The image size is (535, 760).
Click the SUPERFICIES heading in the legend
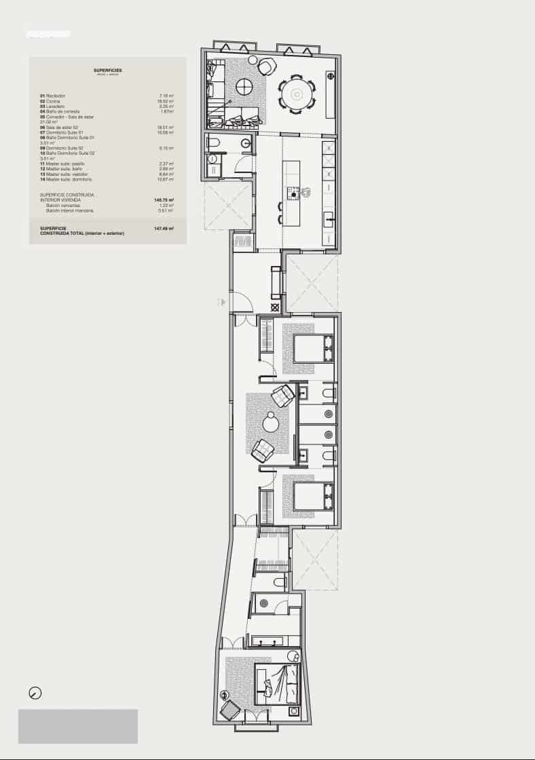[x=108, y=70]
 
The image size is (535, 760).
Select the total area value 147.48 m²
[x=164, y=229]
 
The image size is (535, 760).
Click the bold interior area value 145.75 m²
[x=164, y=200]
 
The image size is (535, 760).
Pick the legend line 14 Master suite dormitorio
[x=69, y=179]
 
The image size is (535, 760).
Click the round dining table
[x=297, y=94]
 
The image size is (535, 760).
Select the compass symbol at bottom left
[x=35, y=693]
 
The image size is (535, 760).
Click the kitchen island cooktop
[x=294, y=193]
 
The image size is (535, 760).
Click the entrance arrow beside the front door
[x=221, y=301]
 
